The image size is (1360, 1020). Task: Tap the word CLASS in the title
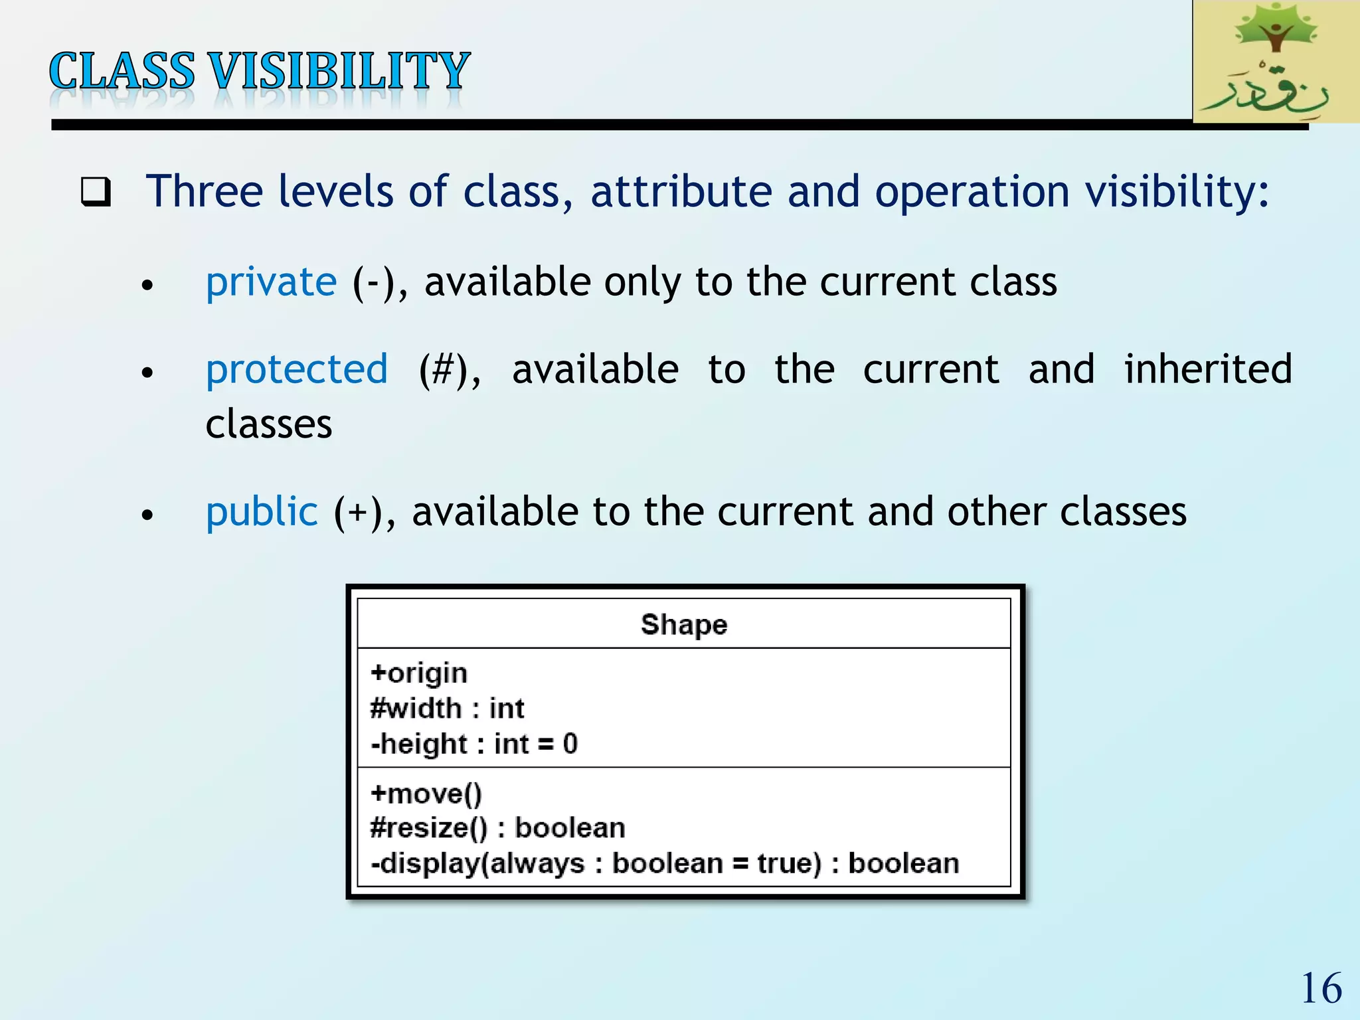tap(122, 71)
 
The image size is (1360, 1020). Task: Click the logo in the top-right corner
tap(1276, 61)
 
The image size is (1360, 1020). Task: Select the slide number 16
tap(1321, 988)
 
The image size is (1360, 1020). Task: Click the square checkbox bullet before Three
tap(96, 192)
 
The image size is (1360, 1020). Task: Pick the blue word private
tap(271, 282)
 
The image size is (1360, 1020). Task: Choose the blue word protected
tap(297, 369)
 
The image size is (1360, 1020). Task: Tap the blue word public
tap(262, 512)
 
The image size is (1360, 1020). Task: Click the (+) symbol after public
tap(359, 513)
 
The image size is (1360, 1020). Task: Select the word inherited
tap(1207, 369)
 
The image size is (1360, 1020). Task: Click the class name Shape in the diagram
tap(684, 624)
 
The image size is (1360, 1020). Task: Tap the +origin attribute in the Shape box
tap(419, 673)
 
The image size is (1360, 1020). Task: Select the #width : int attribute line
tap(447, 709)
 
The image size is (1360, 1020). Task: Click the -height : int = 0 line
tap(474, 744)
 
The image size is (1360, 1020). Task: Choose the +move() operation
tap(426, 794)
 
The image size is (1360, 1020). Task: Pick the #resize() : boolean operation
tap(497, 828)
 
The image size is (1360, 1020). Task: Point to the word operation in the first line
tap(972, 192)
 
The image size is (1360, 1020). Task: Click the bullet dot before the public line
tap(147, 515)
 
